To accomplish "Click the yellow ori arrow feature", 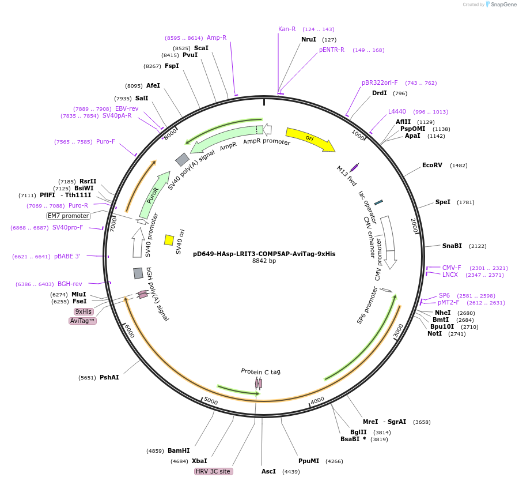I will tap(310, 139).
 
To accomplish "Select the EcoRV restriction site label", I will tap(432, 166).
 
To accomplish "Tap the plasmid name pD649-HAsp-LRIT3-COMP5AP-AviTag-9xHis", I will tap(264, 254).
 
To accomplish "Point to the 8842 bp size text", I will tap(264, 261).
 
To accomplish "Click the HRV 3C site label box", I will tap(213, 471).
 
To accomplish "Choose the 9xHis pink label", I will tap(84, 311).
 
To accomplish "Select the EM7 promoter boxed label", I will tap(69, 216).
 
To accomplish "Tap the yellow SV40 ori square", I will tap(169, 240).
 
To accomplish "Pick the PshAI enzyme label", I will tap(109, 378).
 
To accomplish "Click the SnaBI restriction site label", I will tap(452, 246).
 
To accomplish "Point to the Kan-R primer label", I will tap(287, 29).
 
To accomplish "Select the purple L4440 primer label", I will tap(397, 111).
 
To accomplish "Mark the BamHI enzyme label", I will tap(179, 450).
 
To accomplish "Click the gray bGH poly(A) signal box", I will tap(138, 273).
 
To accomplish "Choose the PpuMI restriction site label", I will tap(309, 461).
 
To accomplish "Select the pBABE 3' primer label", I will tap(67, 257).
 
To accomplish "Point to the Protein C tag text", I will tap(260, 371).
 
